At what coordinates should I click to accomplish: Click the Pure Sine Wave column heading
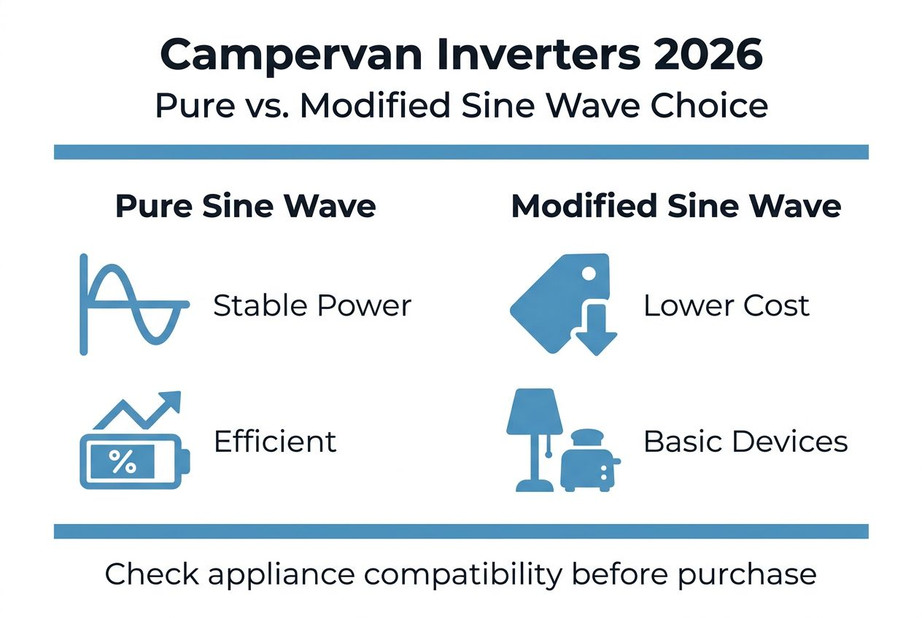(246, 206)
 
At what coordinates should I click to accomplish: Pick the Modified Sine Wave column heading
(676, 206)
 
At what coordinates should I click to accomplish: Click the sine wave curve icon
(135, 304)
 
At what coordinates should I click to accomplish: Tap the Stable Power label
(312, 306)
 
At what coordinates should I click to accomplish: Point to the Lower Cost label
(727, 306)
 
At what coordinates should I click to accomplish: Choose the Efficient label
(275, 442)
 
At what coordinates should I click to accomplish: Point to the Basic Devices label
(745, 442)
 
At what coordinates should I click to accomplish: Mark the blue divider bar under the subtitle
(461, 152)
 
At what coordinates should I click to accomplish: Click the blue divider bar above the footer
(461, 531)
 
